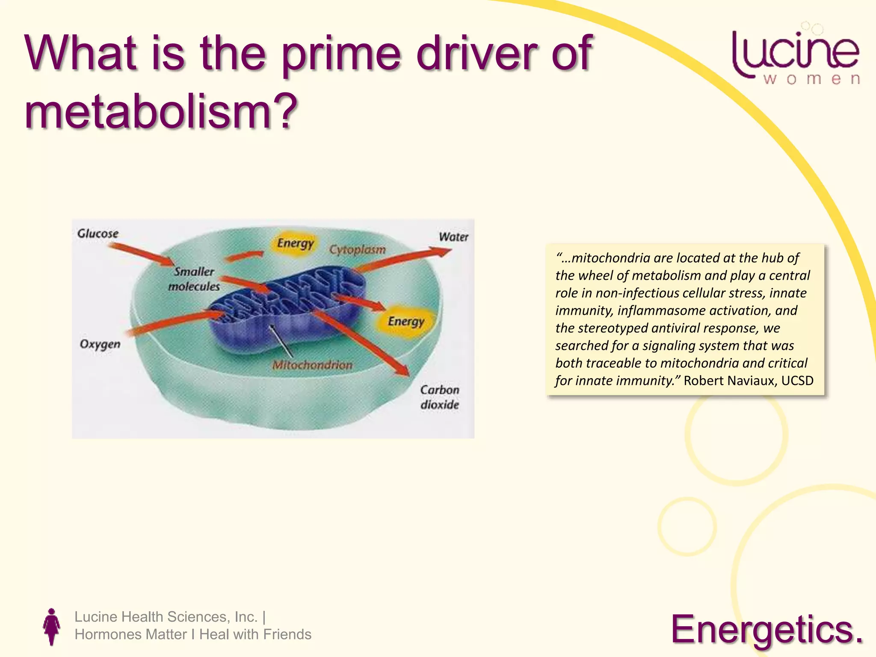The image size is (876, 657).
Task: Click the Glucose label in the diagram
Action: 98,234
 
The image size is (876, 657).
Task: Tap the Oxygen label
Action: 100,344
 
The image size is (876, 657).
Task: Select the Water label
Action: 453,237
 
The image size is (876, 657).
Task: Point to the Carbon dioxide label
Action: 440,397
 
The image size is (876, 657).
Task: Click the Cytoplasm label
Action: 357,249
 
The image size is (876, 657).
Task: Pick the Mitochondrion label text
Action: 313,365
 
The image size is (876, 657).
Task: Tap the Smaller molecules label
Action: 194,279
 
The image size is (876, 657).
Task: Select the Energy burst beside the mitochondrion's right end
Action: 405,321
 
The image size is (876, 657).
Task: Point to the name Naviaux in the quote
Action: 753,380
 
